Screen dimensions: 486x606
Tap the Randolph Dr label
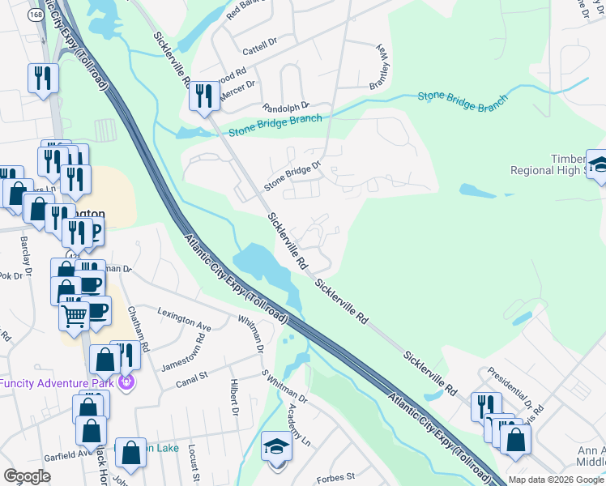tap(285, 107)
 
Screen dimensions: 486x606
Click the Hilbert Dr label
tap(234, 401)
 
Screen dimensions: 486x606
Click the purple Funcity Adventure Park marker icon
tap(126, 380)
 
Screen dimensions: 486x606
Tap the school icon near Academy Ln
tap(276, 447)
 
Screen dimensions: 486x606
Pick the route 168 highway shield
tap(35, 15)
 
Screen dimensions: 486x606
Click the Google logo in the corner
tap(28, 476)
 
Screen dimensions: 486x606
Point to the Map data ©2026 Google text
tap(556, 480)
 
